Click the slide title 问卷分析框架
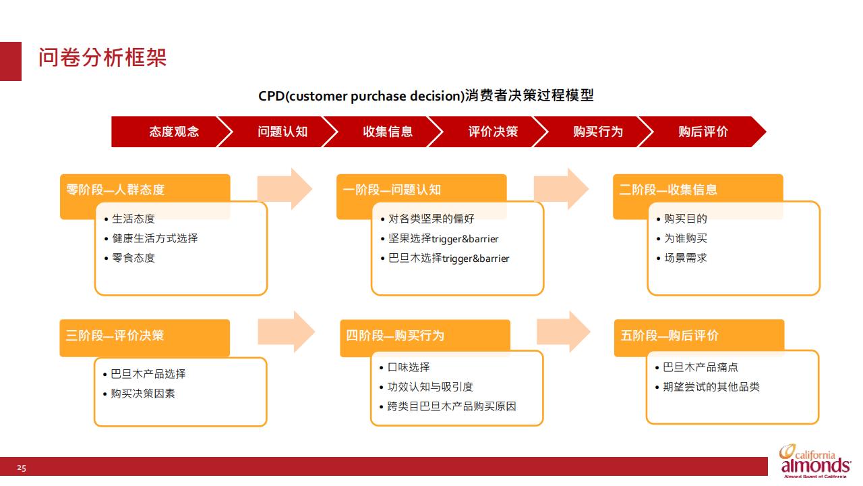coord(102,58)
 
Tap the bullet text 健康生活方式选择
coord(155,238)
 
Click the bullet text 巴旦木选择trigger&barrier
coord(449,259)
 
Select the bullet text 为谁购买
coord(686,238)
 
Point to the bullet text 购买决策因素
coord(143,394)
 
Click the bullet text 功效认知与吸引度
coord(430,387)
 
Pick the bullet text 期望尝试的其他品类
coord(711,387)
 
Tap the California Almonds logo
coord(815,461)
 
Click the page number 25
coord(22,468)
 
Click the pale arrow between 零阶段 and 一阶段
coord(285,189)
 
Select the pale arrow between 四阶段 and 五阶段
coord(563,331)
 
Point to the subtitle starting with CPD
coord(425,96)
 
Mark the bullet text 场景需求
coord(686,258)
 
